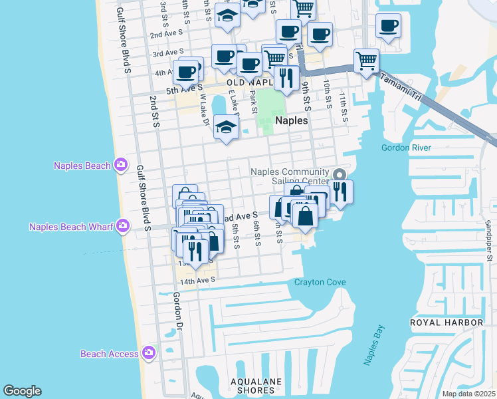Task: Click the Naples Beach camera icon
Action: point(120,165)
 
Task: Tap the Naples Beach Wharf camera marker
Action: point(122,227)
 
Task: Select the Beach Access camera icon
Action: point(148,353)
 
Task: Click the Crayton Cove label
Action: point(320,282)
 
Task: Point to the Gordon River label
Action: point(406,148)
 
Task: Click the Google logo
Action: point(22,391)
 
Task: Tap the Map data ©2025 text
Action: point(468,394)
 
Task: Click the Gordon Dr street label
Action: point(177,312)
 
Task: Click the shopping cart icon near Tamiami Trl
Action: point(366,61)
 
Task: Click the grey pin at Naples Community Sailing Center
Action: point(339,175)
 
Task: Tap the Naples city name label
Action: point(292,121)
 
